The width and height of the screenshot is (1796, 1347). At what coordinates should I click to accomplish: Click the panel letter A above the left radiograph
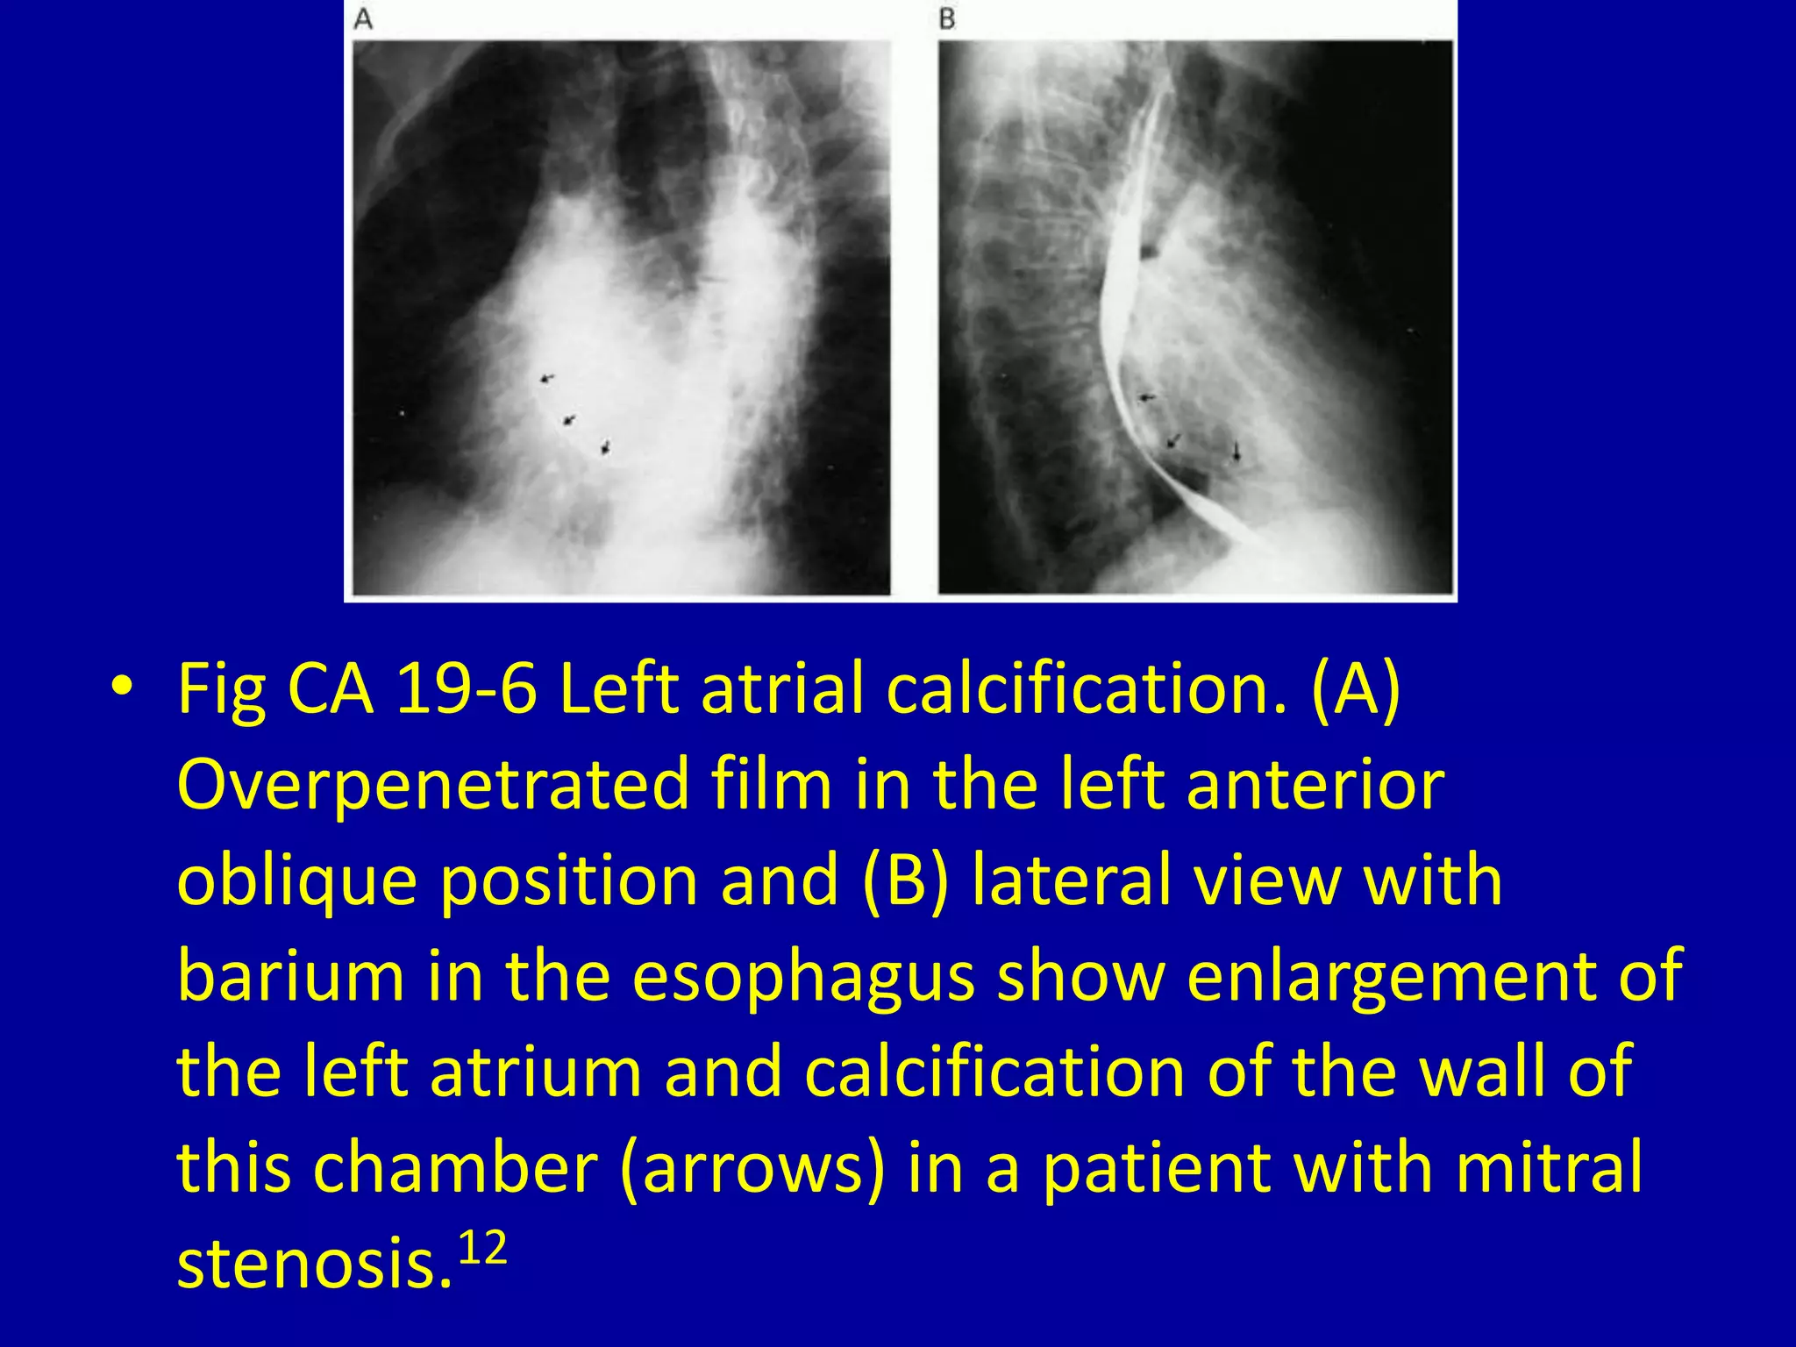[x=363, y=19]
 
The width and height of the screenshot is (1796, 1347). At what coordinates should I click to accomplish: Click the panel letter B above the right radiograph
[x=947, y=19]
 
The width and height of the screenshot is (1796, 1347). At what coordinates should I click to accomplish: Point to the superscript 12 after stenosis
[x=483, y=1247]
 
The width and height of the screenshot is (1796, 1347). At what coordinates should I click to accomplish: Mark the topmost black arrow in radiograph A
[x=546, y=378]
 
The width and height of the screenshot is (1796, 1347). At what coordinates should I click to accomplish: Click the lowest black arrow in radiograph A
[x=605, y=448]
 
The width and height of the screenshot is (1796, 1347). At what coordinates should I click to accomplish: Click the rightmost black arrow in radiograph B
[x=1237, y=453]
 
